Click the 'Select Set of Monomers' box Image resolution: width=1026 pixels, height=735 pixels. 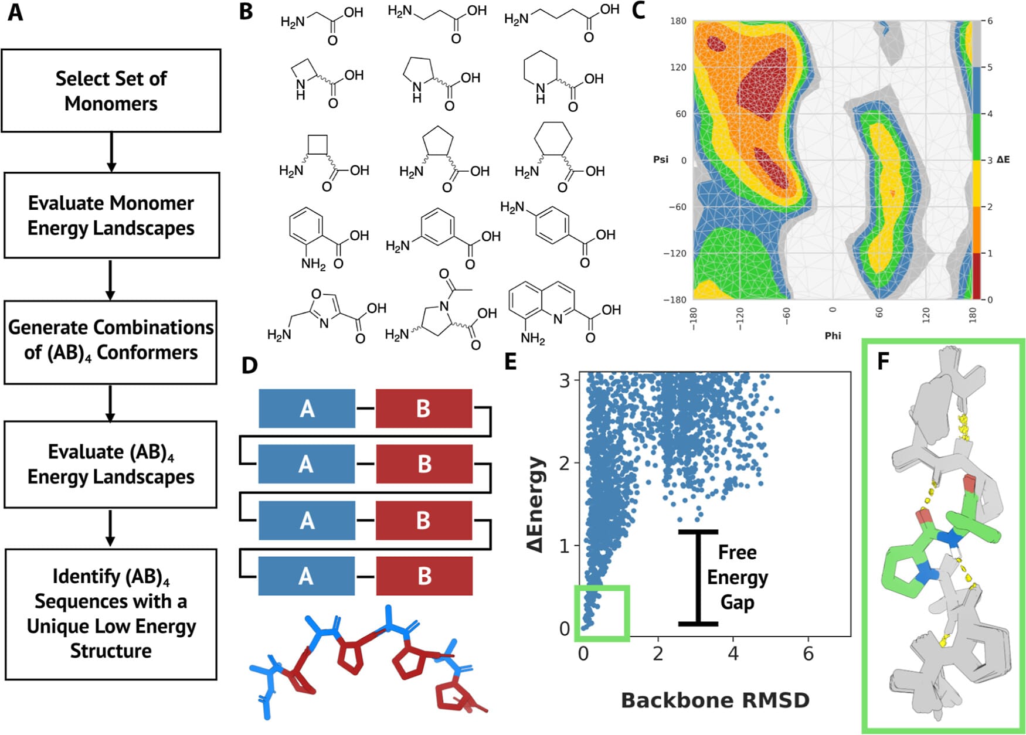coord(111,91)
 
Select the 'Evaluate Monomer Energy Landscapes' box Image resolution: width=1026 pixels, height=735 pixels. coord(111,215)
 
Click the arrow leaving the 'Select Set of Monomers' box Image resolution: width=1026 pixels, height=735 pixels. coord(111,152)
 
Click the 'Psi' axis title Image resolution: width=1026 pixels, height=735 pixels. coord(661,159)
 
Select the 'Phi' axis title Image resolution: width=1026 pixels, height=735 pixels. coord(833,335)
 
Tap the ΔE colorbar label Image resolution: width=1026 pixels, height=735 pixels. coord(1003,159)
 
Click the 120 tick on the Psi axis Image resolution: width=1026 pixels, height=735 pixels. coord(678,67)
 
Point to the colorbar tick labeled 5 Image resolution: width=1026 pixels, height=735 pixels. coord(990,67)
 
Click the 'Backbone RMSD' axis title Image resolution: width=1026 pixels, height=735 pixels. coord(715,700)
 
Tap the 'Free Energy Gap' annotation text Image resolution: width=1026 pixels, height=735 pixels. coord(738,577)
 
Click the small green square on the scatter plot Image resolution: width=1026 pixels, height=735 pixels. coord(602,612)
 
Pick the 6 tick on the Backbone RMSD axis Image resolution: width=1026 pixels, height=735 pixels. coord(808,654)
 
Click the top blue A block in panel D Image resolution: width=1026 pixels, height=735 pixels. coord(307,409)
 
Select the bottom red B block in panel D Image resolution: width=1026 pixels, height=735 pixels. coord(424,576)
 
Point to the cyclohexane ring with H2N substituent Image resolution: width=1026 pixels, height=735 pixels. coord(553,141)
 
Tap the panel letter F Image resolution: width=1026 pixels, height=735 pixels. coord(883,361)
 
